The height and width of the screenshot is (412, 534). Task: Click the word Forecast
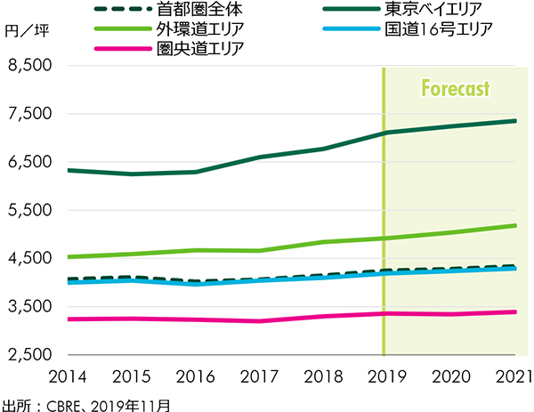[455, 90]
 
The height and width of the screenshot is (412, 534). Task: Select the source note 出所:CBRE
[85, 402]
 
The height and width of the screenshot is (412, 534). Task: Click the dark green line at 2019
[384, 133]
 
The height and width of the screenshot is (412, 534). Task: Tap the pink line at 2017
[257, 321]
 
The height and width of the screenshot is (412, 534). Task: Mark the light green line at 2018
[320, 242]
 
